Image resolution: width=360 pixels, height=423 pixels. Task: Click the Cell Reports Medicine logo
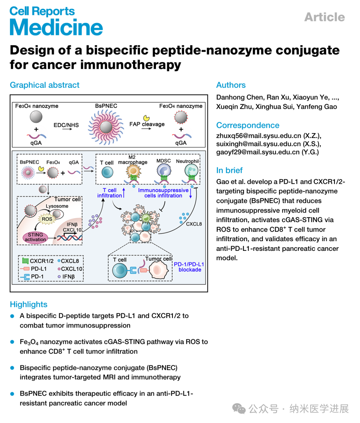click(56, 21)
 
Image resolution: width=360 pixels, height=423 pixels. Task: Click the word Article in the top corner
click(324, 17)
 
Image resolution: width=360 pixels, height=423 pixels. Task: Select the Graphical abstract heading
click(45, 85)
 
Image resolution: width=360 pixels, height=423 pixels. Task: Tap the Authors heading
click(231, 85)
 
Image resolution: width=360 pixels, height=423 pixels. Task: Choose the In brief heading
click(230, 170)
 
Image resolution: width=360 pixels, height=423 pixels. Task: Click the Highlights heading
click(29, 305)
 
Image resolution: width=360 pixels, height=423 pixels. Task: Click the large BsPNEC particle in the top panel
click(106, 127)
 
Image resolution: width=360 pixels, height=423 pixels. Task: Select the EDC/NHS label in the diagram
click(66, 125)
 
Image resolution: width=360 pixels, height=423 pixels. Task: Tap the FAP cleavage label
click(147, 124)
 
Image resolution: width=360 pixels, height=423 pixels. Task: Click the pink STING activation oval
click(35, 237)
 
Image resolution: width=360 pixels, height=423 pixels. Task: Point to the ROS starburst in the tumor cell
click(47, 219)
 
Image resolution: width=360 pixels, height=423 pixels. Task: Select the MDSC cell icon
click(164, 171)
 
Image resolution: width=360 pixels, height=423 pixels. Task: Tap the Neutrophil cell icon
click(191, 171)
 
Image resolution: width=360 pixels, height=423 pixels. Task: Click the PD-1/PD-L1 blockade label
click(189, 267)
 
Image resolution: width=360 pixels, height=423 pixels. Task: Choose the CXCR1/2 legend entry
click(38, 261)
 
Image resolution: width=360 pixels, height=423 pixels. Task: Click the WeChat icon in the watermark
click(239, 409)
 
